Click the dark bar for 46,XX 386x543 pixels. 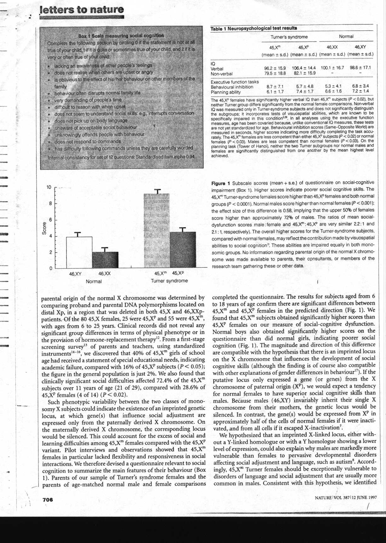coord(105,260)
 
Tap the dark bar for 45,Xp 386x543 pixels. coord(182,250)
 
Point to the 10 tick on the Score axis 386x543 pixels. coord(49,187)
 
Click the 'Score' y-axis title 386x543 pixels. coord(44,228)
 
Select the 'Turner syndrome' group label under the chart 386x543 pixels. coord(169,281)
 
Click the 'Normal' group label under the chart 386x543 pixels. coord(94,281)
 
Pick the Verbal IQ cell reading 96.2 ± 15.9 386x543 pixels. coord(275,68)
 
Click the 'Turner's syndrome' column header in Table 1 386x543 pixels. coord(289,37)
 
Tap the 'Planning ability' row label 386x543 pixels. coord(226,92)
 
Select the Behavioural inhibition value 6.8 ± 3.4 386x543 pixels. coord(360,86)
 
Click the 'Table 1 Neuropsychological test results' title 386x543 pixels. coord(254,29)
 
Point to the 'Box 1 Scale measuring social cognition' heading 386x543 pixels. coord(121,35)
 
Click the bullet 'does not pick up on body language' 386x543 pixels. coord(91,120)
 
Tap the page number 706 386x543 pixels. coord(48,499)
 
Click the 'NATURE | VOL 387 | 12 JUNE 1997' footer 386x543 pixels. coord(346,498)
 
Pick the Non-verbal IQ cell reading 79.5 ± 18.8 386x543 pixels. coord(275,74)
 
